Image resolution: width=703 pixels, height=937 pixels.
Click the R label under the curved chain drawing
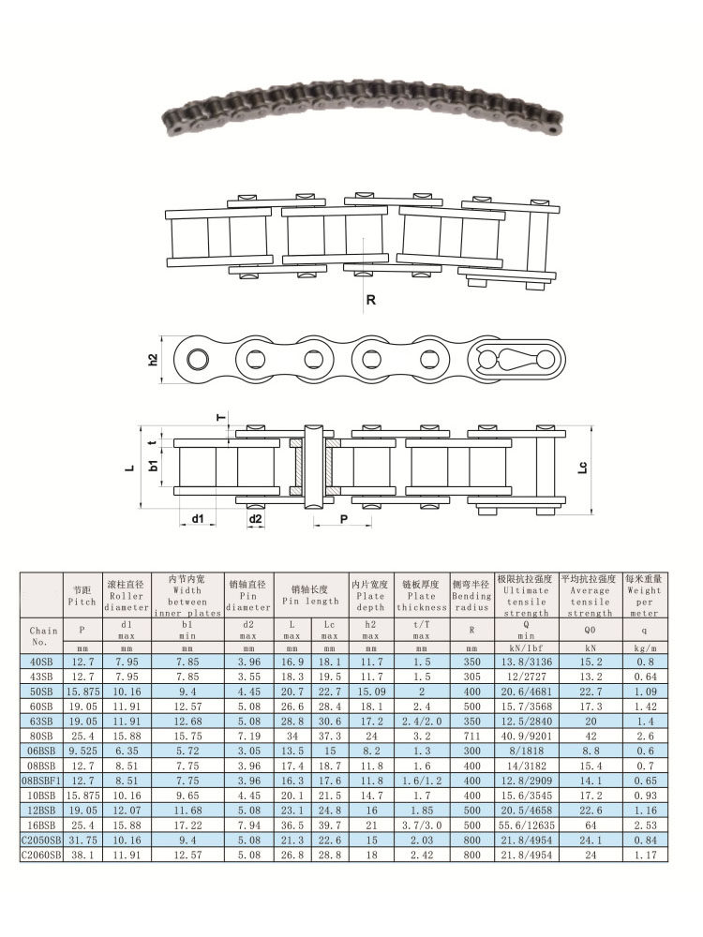[x=371, y=301]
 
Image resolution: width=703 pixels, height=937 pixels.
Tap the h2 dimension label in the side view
[x=153, y=359]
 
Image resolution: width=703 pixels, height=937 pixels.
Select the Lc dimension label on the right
[x=583, y=466]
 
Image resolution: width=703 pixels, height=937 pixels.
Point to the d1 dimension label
[x=198, y=517]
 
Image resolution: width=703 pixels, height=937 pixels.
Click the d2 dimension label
[x=256, y=517]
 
